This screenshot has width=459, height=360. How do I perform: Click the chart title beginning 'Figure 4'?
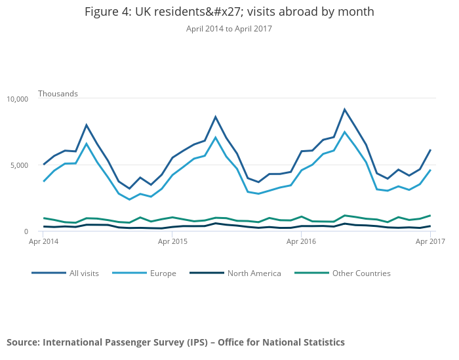click(x=229, y=12)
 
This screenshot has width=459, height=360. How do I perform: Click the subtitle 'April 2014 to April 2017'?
click(x=229, y=29)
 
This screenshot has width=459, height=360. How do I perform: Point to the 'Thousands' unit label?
click(x=58, y=94)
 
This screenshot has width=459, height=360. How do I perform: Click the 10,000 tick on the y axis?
click(x=17, y=99)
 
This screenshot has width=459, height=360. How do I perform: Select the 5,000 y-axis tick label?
click(x=19, y=165)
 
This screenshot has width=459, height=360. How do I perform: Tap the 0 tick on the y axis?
click(x=26, y=231)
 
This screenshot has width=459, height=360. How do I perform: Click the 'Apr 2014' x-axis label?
click(x=44, y=242)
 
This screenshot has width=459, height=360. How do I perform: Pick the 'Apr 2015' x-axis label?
click(x=172, y=242)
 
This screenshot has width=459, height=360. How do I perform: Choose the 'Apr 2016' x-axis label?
click(x=301, y=242)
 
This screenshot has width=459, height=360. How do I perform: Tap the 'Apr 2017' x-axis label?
click(x=429, y=242)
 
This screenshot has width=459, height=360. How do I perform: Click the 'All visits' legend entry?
click(x=84, y=273)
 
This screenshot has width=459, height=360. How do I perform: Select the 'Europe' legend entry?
click(x=163, y=273)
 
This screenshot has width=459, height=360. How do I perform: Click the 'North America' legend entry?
click(x=254, y=273)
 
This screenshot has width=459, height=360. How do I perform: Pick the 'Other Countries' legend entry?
click(x=361, y=273)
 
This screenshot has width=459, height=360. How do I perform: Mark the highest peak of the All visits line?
click(x=344, y=110)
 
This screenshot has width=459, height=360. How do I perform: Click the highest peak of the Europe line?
click(x=344, y=132)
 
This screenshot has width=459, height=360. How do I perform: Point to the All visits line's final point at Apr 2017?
click(x=430, y=150)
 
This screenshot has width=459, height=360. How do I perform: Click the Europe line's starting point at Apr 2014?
click(x=44, y=182)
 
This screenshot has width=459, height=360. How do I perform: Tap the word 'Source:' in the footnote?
click(x=23, y=342)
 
